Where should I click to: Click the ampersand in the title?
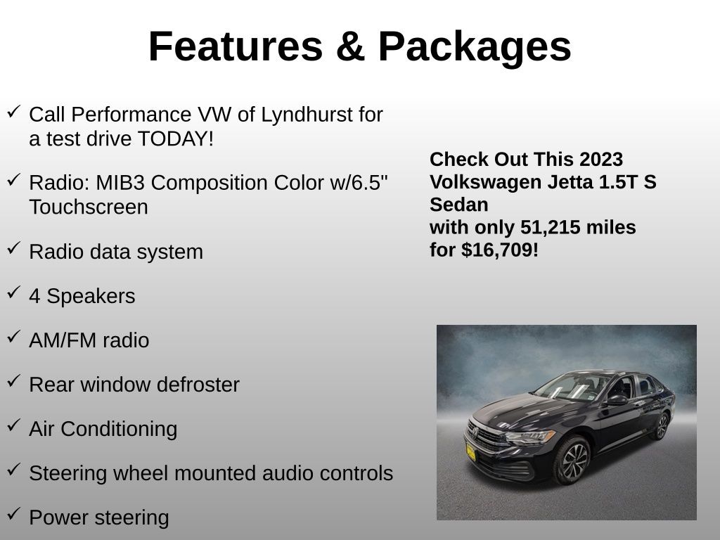point(350,46)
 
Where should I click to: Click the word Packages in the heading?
point(475,47)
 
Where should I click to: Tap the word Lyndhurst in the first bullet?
point(307,115)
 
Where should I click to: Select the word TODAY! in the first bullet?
point(175,139)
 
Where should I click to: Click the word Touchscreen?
point(89,207)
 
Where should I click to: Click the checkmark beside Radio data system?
point(14,248)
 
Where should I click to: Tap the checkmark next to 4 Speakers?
point(14,292)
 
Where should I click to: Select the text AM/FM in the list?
point(63,341)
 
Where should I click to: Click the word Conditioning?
point(119,430)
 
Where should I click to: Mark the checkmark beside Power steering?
point(14,514)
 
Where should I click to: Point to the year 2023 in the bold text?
point(601,160)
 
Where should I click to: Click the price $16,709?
point(500,250)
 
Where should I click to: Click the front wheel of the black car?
point(572,461)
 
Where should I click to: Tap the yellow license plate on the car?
point(470,452)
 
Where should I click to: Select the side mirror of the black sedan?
point(617,400)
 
